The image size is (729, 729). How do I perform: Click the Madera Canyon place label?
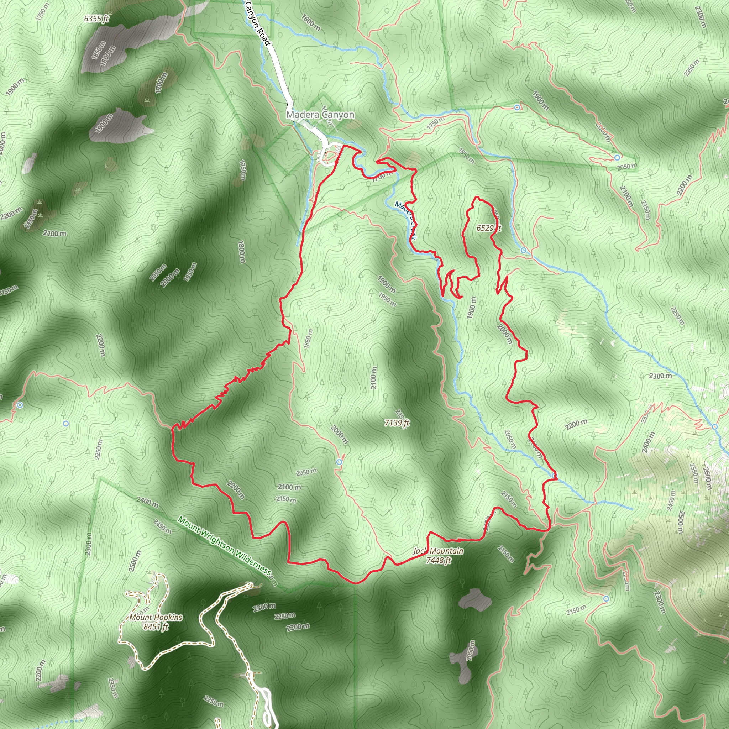320,114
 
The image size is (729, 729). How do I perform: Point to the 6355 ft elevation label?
96,19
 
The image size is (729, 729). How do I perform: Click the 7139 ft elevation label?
397,423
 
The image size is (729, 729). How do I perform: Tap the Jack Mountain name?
438,551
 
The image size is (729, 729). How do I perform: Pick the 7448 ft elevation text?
438,560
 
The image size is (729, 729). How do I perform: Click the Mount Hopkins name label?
156,617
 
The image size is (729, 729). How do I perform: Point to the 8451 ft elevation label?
156,627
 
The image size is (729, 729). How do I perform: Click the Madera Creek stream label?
406,220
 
